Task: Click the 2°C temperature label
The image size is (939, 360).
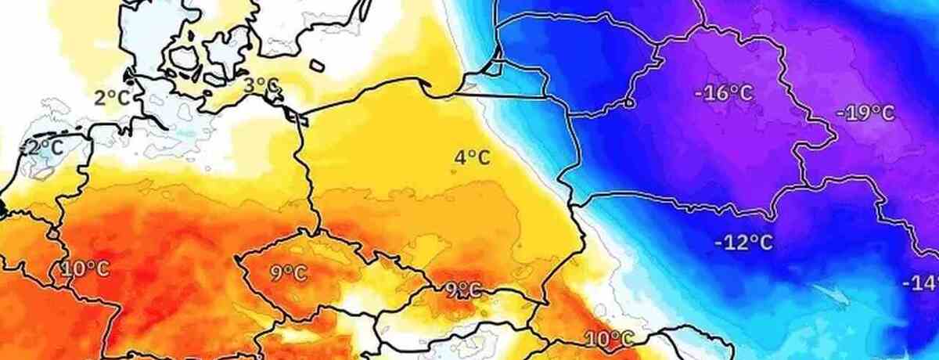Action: pos(113,98)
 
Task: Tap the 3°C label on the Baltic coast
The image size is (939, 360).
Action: pos(261,85)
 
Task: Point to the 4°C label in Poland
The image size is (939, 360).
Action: pos(472,158)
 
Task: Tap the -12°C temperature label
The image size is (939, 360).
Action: pos(743,242)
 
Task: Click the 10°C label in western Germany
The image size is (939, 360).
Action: pos(85,269)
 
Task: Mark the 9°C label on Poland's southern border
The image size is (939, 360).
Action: pos(462,290)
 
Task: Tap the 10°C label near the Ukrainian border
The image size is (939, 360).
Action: pos(609,338)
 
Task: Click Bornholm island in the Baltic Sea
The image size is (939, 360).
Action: pos(317,66)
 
